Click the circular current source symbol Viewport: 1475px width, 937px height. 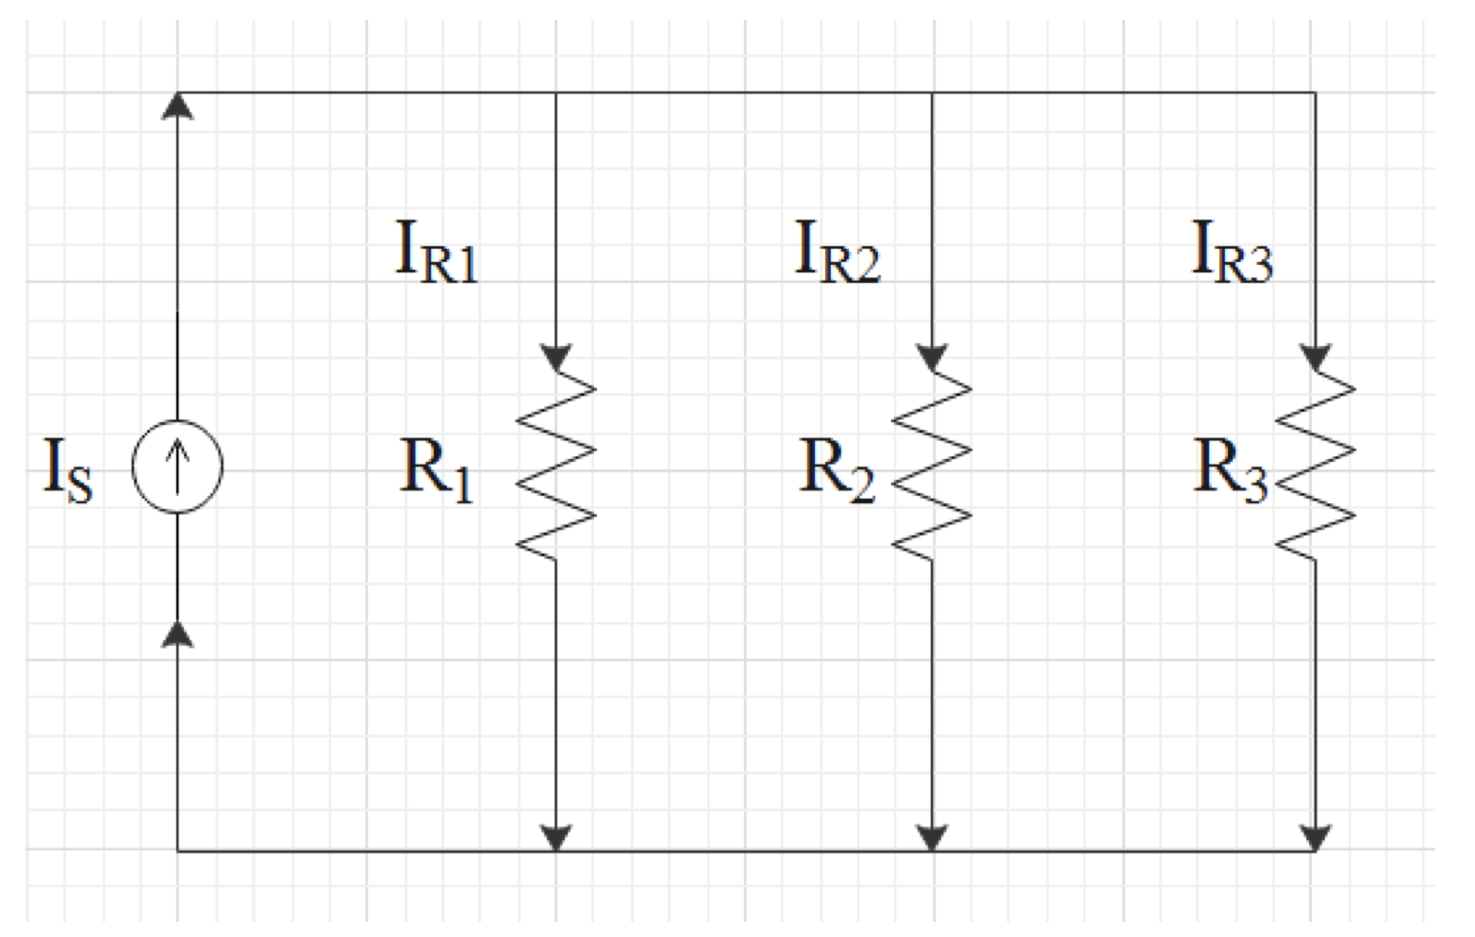[177, 467]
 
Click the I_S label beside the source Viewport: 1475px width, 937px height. [69, 469]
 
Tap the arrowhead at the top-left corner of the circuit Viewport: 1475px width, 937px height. [177, 106]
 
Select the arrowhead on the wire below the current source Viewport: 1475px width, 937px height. [177, 634]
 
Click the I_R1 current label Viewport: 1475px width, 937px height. [436, 251]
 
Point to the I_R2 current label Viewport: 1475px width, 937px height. [837, 251]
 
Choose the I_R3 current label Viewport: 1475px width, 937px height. [1232, 251]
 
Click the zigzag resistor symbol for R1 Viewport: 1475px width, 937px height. [555, 466]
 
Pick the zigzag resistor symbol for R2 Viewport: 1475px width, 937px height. [932, 466]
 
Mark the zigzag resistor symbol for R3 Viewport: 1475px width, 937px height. [1315, 466]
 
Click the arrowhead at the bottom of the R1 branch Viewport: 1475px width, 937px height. [555, 837]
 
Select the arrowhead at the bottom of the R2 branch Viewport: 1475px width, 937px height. [932, 837]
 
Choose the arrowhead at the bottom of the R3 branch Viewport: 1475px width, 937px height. [1315, 837]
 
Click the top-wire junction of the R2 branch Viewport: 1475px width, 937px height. [932, 92]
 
